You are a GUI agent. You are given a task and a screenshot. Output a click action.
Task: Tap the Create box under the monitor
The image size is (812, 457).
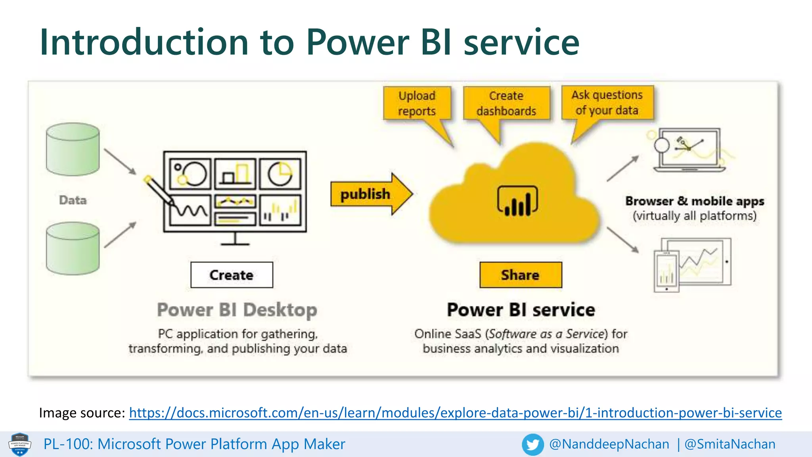coord(232,275)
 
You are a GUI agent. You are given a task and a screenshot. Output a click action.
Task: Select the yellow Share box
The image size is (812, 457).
coord(520,275)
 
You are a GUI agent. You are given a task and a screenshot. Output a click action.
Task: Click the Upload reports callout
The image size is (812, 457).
coord(417,103)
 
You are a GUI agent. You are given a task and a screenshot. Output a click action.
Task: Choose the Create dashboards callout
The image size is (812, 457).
coord(506,103)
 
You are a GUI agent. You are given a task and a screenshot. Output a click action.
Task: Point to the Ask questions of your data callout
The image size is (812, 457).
coord(607,102)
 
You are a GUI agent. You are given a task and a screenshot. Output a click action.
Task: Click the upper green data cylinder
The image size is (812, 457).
coord(73,150)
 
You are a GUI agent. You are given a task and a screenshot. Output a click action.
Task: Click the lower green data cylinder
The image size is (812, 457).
coord(73,249)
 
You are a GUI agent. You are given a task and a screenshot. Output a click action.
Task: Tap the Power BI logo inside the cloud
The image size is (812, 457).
coord(517,201)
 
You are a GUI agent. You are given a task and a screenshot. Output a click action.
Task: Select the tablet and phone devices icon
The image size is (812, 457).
coord(692,264)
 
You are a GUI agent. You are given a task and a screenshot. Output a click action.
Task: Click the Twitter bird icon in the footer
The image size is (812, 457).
coord(532,444)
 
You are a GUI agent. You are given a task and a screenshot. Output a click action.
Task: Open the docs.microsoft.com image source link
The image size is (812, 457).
coord(455,413)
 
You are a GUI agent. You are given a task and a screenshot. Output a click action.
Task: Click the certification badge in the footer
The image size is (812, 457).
coord(20,444)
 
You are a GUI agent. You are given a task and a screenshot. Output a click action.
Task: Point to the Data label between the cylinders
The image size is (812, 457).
coord(73,200)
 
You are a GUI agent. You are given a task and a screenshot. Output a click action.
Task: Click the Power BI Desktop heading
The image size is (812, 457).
coord(237,310)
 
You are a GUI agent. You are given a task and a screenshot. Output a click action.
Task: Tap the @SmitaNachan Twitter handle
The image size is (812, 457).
coord(730,444)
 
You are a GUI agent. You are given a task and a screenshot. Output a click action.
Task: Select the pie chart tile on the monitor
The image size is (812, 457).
coord(280,174)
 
